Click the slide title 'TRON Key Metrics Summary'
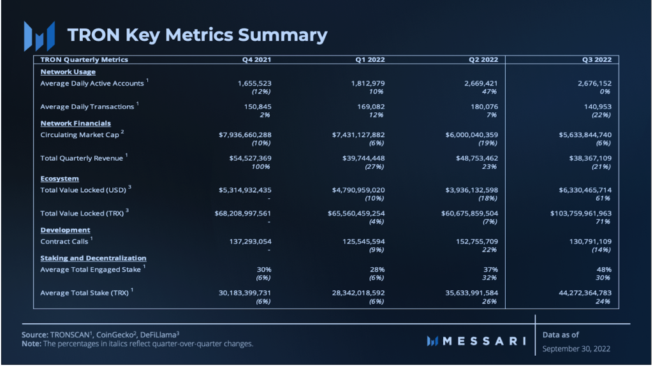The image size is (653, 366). point(197,34)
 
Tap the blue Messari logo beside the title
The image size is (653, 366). point(39,36)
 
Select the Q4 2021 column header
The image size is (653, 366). point(256,60)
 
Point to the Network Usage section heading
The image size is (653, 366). point(68,72)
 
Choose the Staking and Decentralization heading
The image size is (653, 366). point(93,258)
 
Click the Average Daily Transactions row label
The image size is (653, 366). point(87,107)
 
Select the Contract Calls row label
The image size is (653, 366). point(64,242)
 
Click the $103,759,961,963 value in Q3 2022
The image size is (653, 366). point(581,214)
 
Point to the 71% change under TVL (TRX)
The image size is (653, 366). point(603,222)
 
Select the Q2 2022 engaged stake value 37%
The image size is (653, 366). point(490,270)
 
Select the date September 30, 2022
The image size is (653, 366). point(575,349)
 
